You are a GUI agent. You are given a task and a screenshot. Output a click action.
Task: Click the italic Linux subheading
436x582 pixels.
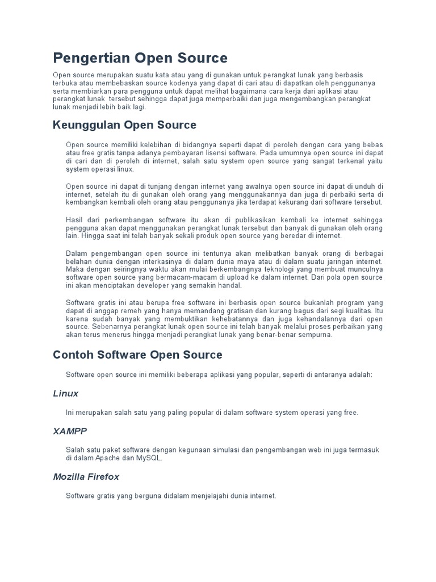coord(65,393)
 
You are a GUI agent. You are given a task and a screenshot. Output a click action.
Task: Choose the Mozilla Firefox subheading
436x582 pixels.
coord(86,477)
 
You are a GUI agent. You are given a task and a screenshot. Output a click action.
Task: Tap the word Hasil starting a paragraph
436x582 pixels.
coord(74,219)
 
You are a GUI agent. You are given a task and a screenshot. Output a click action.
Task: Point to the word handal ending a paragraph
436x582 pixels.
coord(230,285)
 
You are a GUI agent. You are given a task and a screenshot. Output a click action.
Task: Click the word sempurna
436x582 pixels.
coord(315,335)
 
